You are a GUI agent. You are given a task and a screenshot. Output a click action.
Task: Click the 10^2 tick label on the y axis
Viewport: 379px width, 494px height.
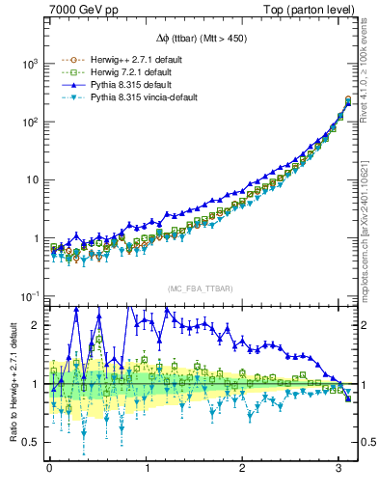pyautogui.click(x=29, y=122)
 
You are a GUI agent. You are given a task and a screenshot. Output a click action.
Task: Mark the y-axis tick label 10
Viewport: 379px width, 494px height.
pyautogui.click(x=31, y=180)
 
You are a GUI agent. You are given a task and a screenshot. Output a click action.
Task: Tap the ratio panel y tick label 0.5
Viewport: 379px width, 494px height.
pyautogui.click(x=31, y=443)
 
